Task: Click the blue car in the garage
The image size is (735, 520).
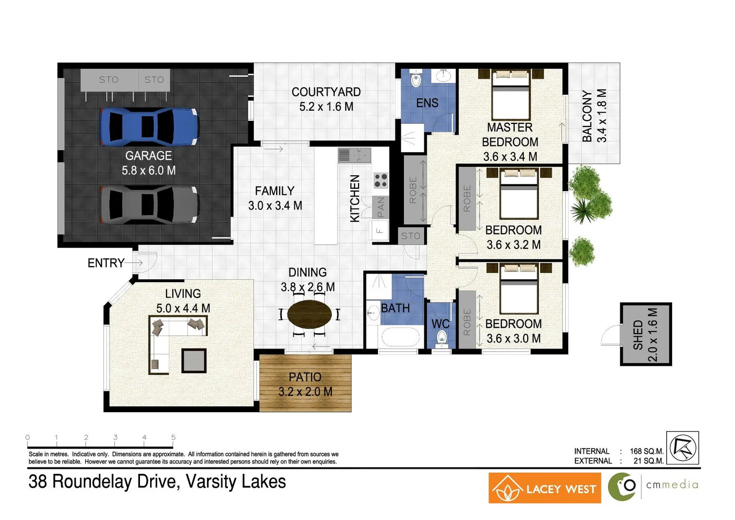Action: tap(149, 127)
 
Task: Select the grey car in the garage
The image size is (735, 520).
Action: tap(149, 205)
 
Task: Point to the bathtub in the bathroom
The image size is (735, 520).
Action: tap(401, 337)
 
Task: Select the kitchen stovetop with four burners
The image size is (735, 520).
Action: tap(380, 181)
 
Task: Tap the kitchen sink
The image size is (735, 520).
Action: tap(355, 156)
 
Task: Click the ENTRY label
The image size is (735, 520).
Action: tap(106, 263)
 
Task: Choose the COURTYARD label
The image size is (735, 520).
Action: tap(326, 92)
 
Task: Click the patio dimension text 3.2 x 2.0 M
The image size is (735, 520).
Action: tap(305, 392)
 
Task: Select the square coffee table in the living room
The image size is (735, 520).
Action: tap(194, 361)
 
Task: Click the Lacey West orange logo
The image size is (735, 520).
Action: tap(545, 488)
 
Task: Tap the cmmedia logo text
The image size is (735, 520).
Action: tap(672, 484)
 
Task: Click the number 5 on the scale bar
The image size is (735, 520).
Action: tap(173, 437)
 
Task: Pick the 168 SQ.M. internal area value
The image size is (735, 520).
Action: tap(646, 451)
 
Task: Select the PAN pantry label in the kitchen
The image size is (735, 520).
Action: tap(380, 207)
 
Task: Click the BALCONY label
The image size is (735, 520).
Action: tap(587, 116)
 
